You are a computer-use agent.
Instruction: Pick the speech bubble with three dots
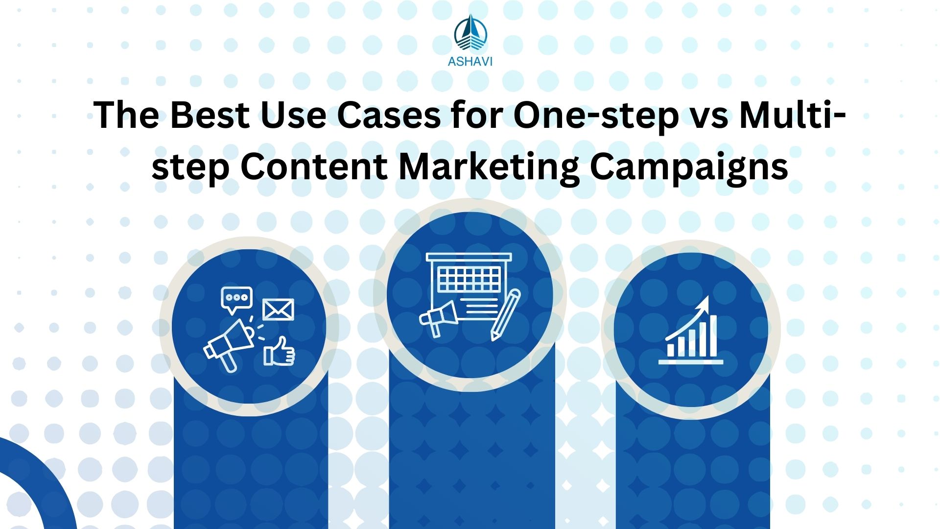(x=237, y=299)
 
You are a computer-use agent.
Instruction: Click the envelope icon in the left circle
(x=278, y=310)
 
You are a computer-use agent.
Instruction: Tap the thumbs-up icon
(x=279, y=352)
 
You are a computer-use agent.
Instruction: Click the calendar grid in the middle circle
(x=469, y=280)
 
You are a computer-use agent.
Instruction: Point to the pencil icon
(x=505, y=314)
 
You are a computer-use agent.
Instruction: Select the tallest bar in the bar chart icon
(x=712, y=336)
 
